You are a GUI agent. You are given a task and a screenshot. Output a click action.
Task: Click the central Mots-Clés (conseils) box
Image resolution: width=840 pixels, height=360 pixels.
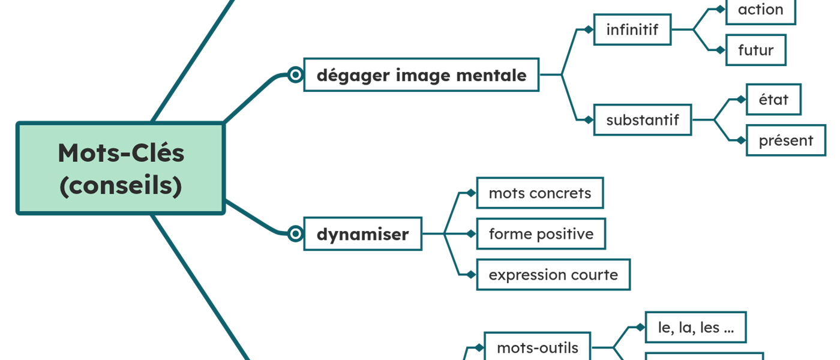click(x=121, y=169)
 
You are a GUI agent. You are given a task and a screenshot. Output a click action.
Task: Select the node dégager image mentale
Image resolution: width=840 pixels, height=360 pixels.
click(x=421, y=75)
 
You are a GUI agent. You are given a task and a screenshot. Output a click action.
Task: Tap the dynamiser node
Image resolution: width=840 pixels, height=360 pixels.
click(x=362, y=234)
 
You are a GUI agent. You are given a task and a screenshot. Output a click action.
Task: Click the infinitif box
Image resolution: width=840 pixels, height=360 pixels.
click(x=632, y=29)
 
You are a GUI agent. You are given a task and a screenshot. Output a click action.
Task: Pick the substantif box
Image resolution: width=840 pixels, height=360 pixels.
click(x=642, y=120)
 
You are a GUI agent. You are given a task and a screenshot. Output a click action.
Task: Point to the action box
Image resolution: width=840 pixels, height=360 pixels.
click(x=760, y=10)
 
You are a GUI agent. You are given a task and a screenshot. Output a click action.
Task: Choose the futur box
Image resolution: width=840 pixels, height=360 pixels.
click(x=755, y=50)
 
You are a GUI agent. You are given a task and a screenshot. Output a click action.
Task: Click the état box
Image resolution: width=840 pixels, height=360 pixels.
click(x=773, y=100)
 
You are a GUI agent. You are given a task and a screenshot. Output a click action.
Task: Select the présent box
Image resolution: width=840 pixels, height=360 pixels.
click(x=785, y=140)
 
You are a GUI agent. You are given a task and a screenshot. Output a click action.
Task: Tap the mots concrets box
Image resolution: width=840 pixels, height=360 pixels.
click(x=539, y=193)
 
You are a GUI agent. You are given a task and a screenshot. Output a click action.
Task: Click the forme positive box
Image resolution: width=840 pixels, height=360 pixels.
click(x=541, y=234)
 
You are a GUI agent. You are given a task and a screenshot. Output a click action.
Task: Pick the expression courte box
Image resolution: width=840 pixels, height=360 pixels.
click(x=553, y=275)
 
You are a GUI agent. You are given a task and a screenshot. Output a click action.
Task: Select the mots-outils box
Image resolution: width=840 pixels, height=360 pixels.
click(x=537, y=347)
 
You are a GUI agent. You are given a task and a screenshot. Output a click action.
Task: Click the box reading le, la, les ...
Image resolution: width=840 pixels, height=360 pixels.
click(x=695, y=328)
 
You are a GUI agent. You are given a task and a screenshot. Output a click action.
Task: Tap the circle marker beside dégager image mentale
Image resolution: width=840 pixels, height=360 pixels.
click(x=295, y=75)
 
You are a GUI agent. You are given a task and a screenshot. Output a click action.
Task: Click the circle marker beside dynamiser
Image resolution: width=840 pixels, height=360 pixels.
click(x=295, y=234)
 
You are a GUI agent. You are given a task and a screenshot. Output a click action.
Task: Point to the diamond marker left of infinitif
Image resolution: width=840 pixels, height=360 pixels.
click(x=588, y=29)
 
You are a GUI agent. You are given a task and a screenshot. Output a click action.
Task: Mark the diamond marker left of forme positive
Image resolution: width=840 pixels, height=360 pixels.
click(x=471, y=234)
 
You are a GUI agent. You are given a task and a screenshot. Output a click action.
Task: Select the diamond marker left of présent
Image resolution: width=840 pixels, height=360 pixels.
click(x=741, y=140)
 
